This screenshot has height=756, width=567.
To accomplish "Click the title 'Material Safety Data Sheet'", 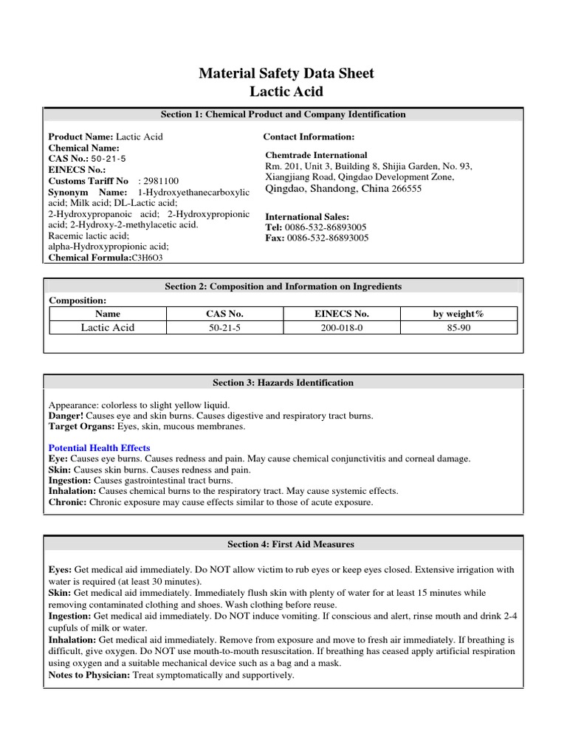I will click(286, 73).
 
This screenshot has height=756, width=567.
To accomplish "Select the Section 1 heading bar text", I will click(283, 114).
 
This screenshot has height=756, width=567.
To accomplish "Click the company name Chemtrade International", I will click(316, 155).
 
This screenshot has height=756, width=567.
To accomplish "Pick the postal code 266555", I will click(406, 188).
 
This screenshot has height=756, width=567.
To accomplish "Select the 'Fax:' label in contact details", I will click(275, 238).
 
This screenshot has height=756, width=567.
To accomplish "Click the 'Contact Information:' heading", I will click(309, 137).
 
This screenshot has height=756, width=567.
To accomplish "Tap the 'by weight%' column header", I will click(458, 314).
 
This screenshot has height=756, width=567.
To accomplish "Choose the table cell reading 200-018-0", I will click(341, 328).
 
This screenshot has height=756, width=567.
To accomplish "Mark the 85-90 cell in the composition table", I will click(458, 328).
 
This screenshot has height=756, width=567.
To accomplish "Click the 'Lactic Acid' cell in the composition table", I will click(108, 328).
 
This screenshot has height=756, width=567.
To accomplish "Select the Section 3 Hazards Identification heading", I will click(283, 382).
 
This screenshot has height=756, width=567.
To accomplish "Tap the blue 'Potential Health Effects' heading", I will click(99, 448).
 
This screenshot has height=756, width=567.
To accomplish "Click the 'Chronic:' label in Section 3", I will click(67, 502).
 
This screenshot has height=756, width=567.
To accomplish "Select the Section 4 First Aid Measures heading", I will click(283, 544).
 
